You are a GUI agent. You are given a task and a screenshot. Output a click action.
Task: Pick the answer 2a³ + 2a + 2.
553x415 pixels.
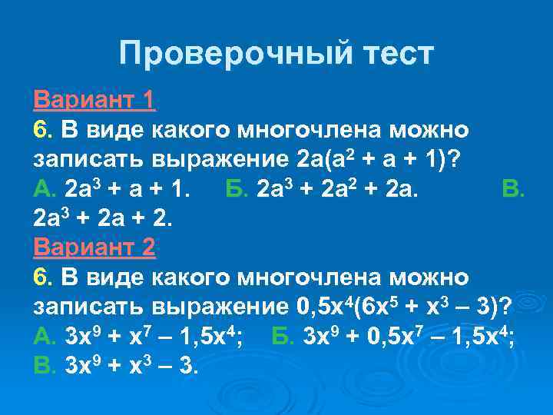pos(105,217)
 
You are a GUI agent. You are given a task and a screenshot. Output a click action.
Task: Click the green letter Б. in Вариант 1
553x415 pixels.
pos(237,188)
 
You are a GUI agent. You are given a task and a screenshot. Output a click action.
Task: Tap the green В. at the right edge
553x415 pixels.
pos(512,188)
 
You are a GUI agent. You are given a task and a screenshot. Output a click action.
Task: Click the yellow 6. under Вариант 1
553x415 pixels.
pos(42,130)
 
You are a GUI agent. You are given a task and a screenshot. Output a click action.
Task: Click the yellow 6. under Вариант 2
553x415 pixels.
pos(42,276)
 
